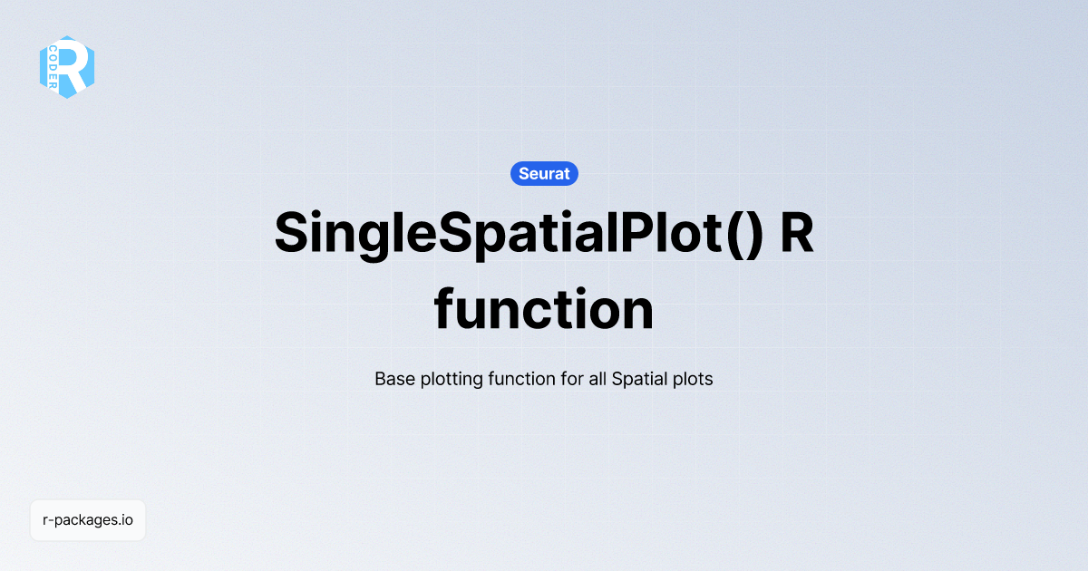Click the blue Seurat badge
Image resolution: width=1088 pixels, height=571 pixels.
tap(544, 173)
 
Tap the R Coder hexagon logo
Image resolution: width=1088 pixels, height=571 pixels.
tap(67, 67)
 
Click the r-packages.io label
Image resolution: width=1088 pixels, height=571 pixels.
tap(88, 520)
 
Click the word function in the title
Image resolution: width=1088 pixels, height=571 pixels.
tap(544, 310)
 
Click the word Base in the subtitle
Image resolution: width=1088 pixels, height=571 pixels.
tap(394, 379)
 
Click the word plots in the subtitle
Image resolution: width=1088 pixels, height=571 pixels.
tap(692, 379)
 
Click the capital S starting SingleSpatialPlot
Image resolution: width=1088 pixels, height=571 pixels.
tap(293, 234)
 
